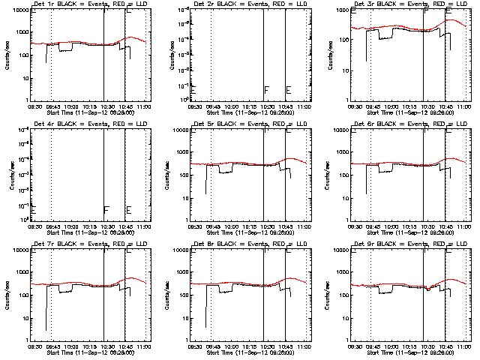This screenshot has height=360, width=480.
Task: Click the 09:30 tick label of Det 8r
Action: point(193,346)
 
